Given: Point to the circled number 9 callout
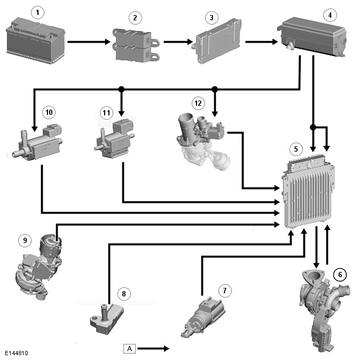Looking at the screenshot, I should pyautogui.click(x=25, y=240).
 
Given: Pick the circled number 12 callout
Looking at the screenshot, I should pyautogui.click(x=198, y=101).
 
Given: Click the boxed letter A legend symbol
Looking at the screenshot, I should pyautogui.click(x=129, y=348).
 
